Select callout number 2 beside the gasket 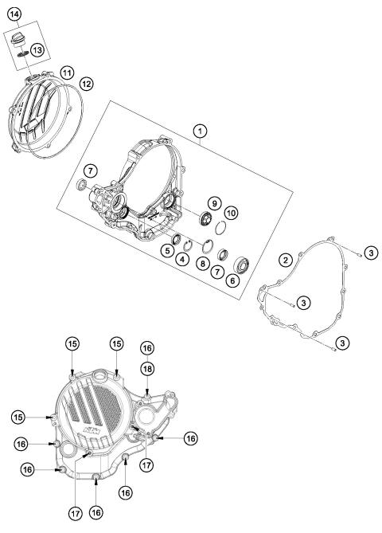coord(283,260)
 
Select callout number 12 coord(86,83)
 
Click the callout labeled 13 coord(37,50)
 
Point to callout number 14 coord(15,13)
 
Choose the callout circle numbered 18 coord(147,368)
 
